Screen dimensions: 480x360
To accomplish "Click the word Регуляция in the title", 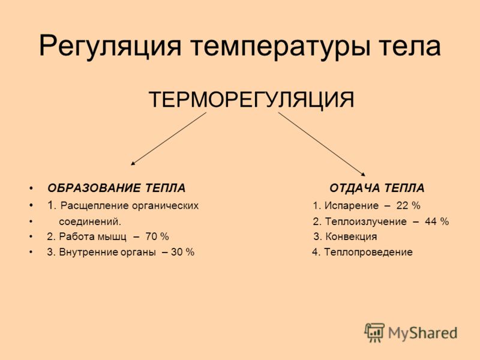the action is pyautogui.click(x=110, y=47).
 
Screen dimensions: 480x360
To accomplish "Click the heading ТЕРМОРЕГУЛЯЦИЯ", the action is pyautogui.click(x=251, y=99).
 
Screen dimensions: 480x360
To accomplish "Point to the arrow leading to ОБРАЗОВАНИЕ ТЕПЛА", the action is pyautogui.click(x=169, y=139).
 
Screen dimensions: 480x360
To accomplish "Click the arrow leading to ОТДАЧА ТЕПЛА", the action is pyautogui.click(x=322, y=144).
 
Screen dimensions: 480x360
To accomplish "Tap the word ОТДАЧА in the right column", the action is pyautogui.click(x=355, y=188).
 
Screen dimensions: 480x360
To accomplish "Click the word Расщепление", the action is pyautogui.click(x=95, y=206).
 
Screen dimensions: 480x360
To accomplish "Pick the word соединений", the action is pyautogui.click(x=90, y=221).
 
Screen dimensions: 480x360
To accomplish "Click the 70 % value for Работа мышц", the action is pyautogui.click(x=157, y=236).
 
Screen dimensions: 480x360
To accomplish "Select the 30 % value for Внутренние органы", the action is pyautogui.click(x=182, y=252).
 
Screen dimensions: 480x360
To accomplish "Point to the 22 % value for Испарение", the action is pyautogui.click(x=409, y=205).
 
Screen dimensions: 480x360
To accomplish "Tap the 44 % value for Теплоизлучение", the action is pyautogui.click(x=437, y=221).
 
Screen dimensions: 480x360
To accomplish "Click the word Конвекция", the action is pyautogui.click(x=351, y=236).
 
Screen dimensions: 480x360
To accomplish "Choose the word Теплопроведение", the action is pyautogui.click(x=368, y=252).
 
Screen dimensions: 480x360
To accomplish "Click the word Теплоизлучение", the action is pyautogui.click(x=366, y=221).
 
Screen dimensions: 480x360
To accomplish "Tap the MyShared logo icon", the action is pyautogui.click(x=374, y=332).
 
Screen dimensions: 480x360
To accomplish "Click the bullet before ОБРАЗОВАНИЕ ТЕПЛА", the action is pyautogui.click(x=31, y=188).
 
